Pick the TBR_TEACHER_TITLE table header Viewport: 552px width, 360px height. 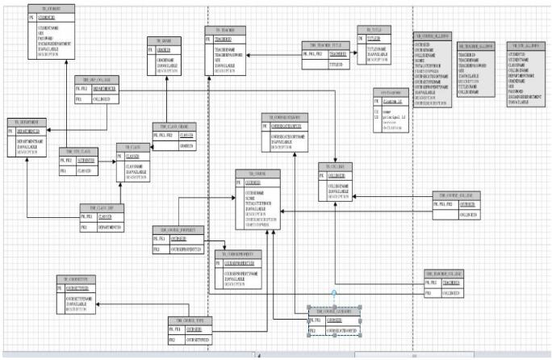[x=327, y=44]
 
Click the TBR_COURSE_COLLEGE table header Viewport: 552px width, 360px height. [x=458, y=195]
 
